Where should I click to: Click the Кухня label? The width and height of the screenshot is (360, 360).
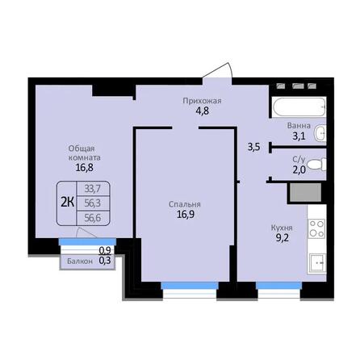coord(282,228)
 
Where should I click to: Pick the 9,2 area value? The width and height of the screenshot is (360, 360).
coord(282,240)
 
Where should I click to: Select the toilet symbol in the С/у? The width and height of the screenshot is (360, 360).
coord(318,165)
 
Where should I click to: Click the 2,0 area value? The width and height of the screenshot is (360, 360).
coord(299,171)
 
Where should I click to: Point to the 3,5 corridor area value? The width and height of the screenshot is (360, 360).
coord(253,147)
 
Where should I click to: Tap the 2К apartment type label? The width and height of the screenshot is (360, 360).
coord(68,202)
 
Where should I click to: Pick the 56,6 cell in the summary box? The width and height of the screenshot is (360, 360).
coord(93,216)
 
